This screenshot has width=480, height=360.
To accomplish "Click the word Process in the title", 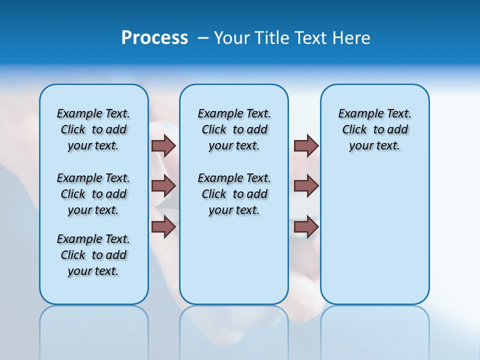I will (154, 38).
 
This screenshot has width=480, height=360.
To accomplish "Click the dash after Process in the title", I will (203, 38).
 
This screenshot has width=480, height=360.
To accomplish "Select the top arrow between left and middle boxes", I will (163, 145).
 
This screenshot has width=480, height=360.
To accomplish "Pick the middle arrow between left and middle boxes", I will (163, 186).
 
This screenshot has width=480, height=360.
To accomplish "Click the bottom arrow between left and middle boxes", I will (163, 226).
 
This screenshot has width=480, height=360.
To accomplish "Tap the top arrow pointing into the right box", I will (306, 145).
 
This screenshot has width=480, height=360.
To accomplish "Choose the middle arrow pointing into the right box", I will (306, 186).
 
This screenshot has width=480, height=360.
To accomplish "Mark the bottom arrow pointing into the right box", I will (306, 226).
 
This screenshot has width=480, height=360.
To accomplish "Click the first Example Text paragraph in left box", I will (93, 129).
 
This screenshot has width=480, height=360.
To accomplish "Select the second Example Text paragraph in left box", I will (93, 194).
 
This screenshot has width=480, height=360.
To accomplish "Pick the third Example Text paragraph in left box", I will (93, 255).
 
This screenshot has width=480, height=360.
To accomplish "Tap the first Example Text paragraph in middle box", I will (234, 129).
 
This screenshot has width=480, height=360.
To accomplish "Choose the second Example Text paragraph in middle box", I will (234, 194).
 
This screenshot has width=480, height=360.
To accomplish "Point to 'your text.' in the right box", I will (374, 146).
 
